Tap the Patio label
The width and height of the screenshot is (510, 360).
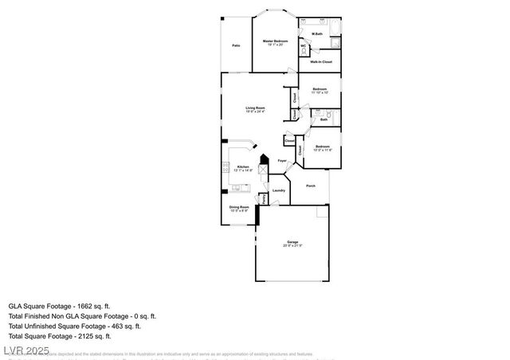tap(236, 45)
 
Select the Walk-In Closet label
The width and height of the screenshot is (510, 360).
tap(321, 61)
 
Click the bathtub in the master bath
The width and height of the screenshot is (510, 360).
tap(332, 33)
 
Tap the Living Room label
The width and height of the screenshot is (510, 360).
tap(255, 109)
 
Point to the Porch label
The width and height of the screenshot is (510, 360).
tap(311, 186)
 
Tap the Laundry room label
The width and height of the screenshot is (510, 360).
tap(279, 190)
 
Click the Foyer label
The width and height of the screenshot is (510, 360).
tap(282, 162)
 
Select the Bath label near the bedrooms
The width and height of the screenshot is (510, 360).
tap(324, 119)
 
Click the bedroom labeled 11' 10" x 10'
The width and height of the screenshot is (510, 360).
tap(320, 90)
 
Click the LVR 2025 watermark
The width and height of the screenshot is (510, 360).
tap(25, 350)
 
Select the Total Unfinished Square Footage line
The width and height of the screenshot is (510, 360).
tap(74, 326)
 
